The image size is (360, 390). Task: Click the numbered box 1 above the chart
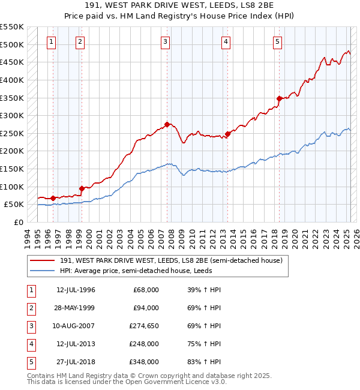(52, 42)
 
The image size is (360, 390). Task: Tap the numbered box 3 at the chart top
(165, 42)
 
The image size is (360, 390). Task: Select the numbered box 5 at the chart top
(278, 42)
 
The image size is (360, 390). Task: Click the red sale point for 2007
(167, 124)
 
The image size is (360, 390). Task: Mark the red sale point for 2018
(279, 98)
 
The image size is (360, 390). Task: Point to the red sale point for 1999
(81, 188)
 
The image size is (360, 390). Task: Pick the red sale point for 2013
(227, 134)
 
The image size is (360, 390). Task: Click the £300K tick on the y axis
(12, 115)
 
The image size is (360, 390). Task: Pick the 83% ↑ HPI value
(204, 362)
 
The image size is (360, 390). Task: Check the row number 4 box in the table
(29, 344)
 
